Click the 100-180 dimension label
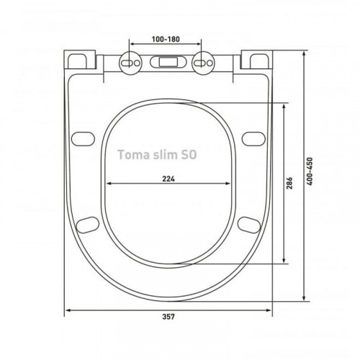(x=166, y=39)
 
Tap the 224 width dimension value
(x=168, y=179)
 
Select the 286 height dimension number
(x=289, y=183)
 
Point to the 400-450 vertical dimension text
(x=310, y=171)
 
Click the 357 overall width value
(x=168, y=317)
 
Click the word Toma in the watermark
(x=133, y=155)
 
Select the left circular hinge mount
(x=130, y=63)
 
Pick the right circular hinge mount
(x=203, y=63)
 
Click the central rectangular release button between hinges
(x=168, y=62)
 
